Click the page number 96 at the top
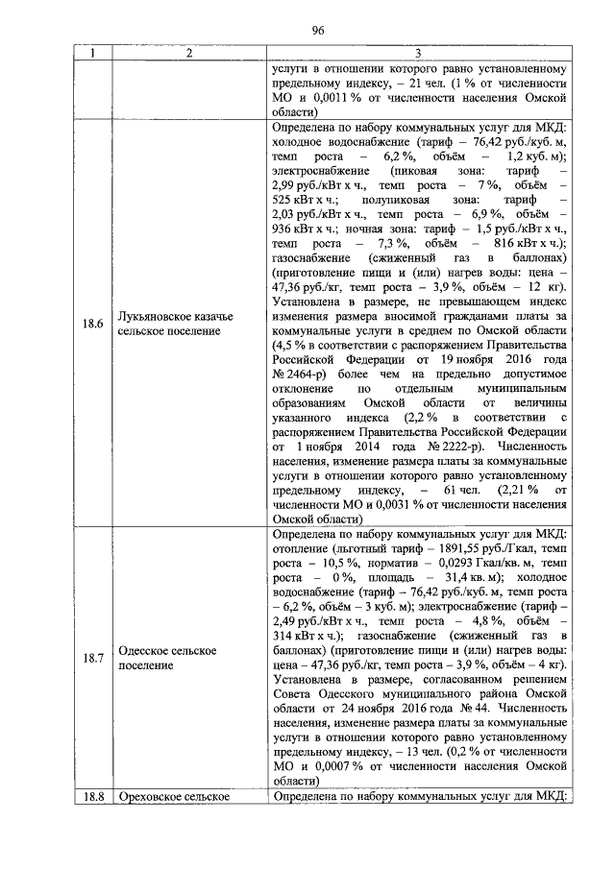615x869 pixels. [313, 30]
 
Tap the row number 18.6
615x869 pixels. [92, 323]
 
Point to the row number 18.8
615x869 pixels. [92, 797]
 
